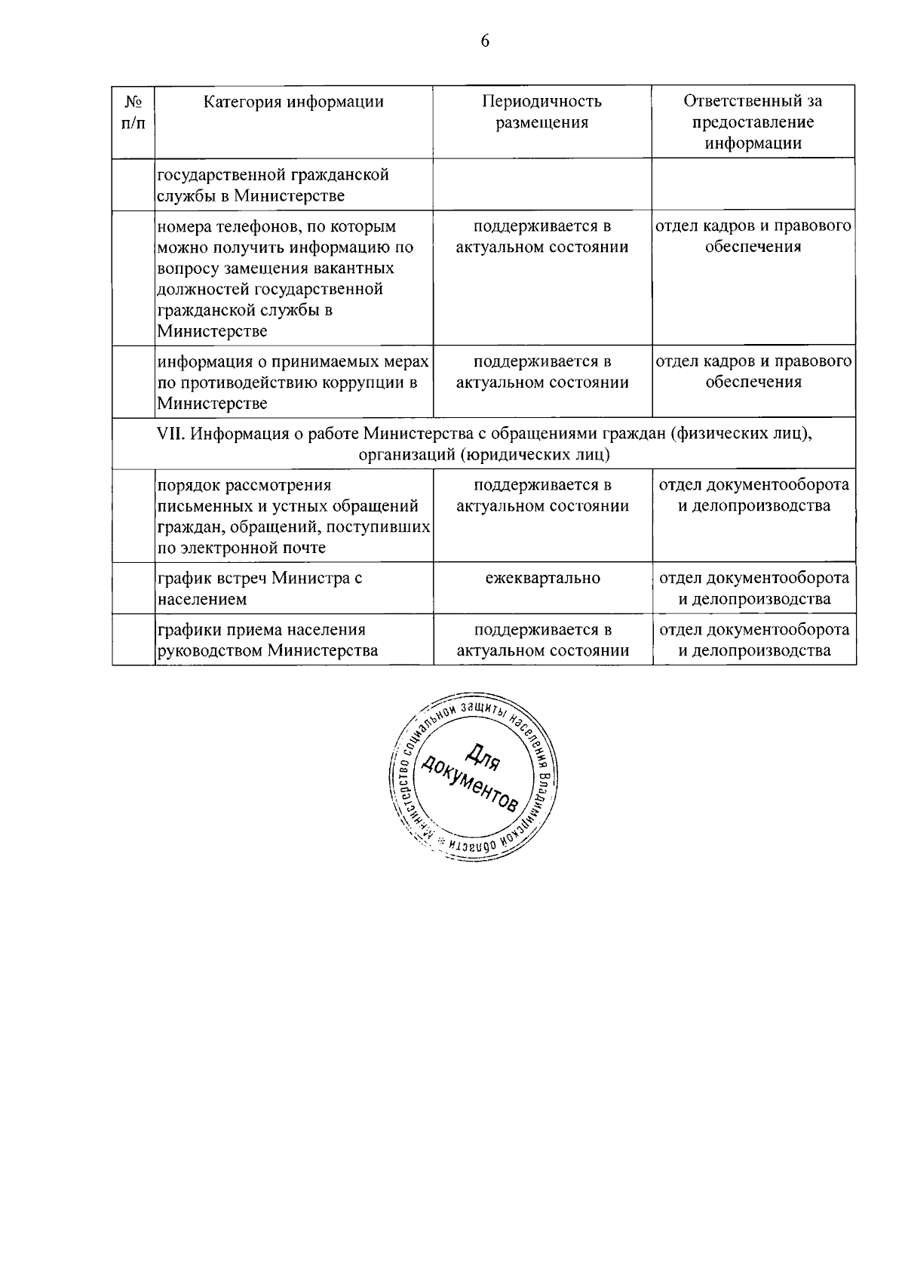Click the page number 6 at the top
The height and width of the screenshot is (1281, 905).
pos(485,41)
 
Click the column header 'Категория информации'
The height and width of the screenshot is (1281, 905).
pos(293,102)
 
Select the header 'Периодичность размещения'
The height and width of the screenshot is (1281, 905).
pos(541,112)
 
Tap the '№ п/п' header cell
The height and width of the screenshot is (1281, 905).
pos(133,112)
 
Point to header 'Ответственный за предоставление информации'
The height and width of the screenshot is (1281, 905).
pos(753,121)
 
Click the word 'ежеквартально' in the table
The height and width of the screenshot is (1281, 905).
pos(543,579)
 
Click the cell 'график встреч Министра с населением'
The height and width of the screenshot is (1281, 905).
pos(260,588)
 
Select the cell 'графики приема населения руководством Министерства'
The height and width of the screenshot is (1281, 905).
pos(268,640)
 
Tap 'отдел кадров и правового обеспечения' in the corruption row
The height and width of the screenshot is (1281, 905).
pos(753,372)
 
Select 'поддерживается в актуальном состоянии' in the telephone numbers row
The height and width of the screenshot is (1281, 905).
pos(542,237)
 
